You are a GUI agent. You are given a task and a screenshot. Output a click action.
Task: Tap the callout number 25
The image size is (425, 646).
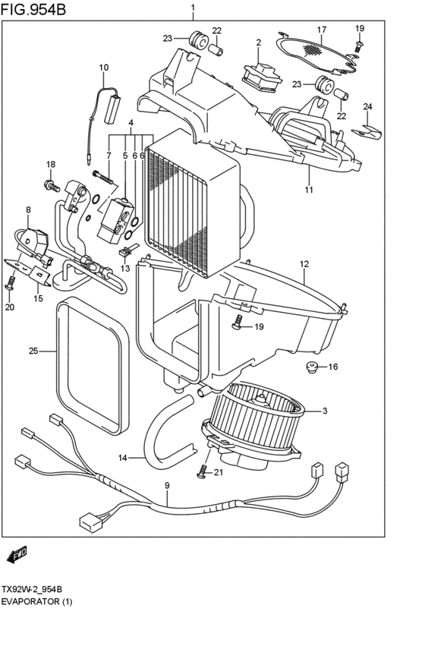33,351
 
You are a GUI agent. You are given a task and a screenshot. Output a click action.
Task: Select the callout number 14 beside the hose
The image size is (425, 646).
124,458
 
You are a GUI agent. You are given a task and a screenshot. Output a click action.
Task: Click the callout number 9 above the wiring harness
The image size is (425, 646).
167,486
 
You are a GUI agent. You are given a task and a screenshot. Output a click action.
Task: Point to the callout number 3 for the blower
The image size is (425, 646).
324,411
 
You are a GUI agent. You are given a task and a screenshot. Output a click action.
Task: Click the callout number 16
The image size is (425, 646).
332,367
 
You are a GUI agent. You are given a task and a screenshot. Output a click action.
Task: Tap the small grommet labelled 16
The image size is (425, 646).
310,369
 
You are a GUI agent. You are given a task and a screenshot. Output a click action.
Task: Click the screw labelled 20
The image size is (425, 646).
11,286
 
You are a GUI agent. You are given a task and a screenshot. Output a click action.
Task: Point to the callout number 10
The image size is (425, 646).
104,68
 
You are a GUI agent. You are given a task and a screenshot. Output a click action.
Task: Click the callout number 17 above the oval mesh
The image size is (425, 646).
321,30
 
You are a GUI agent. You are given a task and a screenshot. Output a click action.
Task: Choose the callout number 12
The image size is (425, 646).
304,264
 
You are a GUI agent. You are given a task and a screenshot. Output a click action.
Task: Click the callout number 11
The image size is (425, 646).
309,190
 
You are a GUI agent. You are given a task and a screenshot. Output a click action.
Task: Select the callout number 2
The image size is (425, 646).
258,43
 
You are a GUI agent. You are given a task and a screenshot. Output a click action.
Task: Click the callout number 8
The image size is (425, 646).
28,210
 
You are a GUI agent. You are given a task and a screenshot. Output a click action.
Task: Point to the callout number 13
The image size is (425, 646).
124,268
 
